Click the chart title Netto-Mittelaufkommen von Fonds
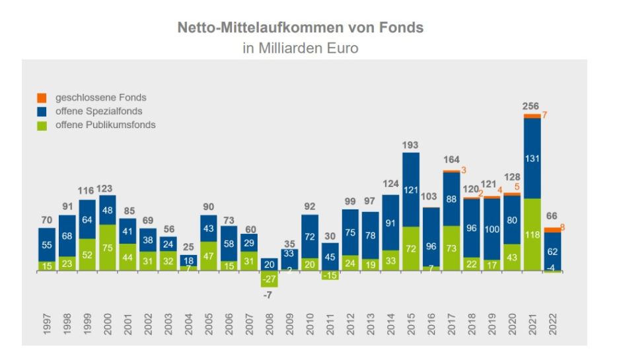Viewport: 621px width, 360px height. coord(300,28)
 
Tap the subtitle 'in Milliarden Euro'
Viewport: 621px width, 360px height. coord(300,49)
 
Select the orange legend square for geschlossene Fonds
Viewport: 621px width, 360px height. coord(42,98)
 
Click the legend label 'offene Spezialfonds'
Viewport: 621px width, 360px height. coord(98,111)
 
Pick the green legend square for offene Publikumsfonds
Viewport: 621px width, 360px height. coord(42,125)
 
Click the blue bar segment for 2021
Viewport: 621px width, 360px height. coord(532,159)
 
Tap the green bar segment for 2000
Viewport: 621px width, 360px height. coord(107,248)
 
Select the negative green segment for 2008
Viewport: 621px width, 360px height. coord(270,279)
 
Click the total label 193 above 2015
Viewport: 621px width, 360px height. coord(411,145)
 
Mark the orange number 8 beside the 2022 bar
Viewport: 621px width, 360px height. coord(563,228)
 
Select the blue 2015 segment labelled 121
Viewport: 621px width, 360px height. coord(411,190)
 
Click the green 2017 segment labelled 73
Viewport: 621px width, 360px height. coord(451,248)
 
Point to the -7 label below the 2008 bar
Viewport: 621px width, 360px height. coord(270,295)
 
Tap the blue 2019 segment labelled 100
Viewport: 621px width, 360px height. coord(492,229)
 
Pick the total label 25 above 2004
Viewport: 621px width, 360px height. coord(188,247)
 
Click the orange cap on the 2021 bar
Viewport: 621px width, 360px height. coord(532,116)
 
